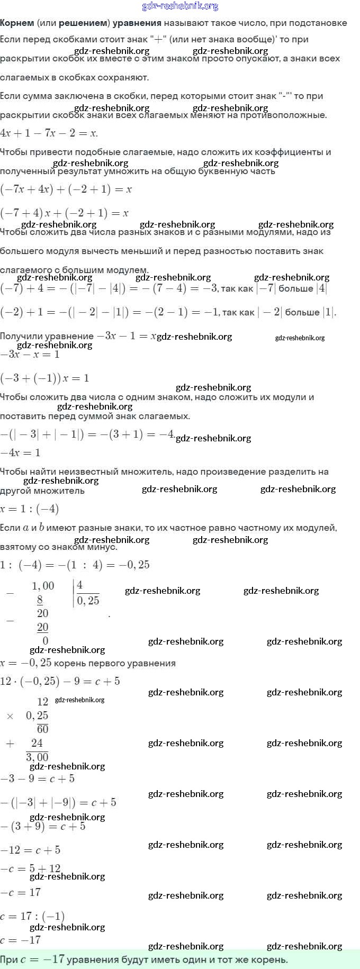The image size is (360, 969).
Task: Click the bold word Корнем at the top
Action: point(17,23)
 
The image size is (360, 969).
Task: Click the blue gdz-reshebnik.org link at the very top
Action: point(180,6)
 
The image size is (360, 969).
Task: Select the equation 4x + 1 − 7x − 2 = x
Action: point(49,133)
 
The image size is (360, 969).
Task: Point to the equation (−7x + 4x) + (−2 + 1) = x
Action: point(66,189)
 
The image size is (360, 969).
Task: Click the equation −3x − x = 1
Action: point(30,354)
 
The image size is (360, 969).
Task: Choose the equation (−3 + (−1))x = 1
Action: point(44,378)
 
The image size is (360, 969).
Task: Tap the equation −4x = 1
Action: point(20,452)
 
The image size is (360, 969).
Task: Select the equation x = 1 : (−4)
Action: point(30,509)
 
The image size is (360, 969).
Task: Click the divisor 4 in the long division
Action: point(80,585)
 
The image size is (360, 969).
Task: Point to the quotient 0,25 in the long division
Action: point(88,601)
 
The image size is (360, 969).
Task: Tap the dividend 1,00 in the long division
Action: point(43,586)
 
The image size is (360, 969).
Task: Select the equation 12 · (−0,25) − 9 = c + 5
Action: point(60,681)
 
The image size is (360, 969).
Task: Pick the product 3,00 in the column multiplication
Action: point(37,757)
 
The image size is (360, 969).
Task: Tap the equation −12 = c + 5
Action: point(30,850)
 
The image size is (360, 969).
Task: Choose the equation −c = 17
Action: point(21,892)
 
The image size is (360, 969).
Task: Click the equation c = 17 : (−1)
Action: point(32,916)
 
